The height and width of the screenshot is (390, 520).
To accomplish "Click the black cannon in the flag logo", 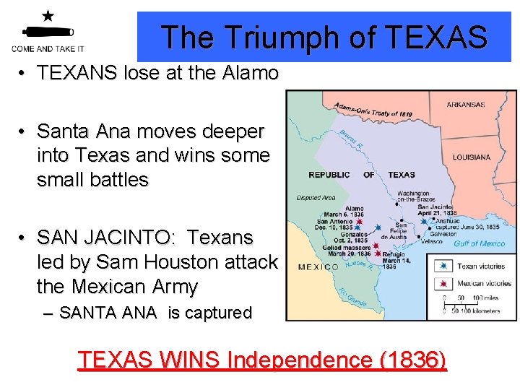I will (x=48, y=31).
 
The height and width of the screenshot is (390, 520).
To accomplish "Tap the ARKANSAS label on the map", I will (x=465, y=105).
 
